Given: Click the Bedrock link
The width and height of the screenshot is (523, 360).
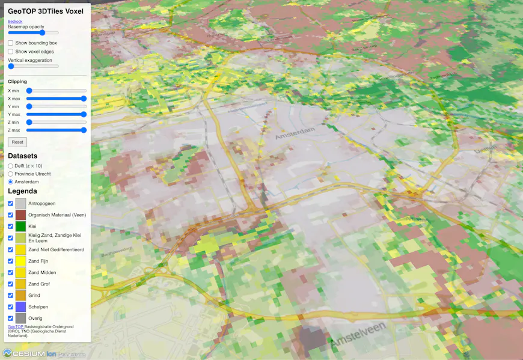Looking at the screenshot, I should pyautogui.click(x=15, y=22).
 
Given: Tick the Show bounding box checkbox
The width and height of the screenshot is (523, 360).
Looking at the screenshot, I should pyautogui.click(x=11, y=43).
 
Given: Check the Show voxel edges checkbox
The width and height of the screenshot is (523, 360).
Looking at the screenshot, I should pyautogui.click(x=11, y=52).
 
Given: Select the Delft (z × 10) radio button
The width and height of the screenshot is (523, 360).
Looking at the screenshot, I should pyautogui.click(x=11, y=166).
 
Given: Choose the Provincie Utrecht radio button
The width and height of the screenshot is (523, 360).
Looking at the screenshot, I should pyautogui.click(x=11, y=174).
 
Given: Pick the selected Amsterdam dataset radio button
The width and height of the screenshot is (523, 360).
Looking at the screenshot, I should pyautogui.click(x=11, y=182).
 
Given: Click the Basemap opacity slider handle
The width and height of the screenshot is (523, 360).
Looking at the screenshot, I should pyautogui.click(x=43, y=32).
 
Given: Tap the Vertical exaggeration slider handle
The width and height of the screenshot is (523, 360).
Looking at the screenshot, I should pyautogui.click(x=11, y=66).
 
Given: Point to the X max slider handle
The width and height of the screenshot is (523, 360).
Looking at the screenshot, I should pyautogui.click(x=84, y=99).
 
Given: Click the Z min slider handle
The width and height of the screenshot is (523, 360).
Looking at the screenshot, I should pyautogui.click(x=29, y=122).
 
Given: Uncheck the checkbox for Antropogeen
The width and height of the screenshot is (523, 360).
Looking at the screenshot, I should pyautogui.click(x=11, y=204).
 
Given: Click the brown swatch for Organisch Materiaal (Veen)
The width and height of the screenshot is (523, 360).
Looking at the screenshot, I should pyautogui.click(x=21, y=215).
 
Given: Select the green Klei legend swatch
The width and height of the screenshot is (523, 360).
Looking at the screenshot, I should pyautogui.click(x=21, y=227).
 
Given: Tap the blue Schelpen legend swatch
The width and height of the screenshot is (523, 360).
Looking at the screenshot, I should pyautogui.click(x=21, y=307).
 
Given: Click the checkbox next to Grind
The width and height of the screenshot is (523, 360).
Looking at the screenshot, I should pyautogui.click(x=11, y=295).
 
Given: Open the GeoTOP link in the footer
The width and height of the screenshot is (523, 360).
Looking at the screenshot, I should pyautogui.click(x=16, y=326).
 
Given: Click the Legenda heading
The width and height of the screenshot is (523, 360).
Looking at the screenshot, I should pyautogui.click(x=22, y=191).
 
